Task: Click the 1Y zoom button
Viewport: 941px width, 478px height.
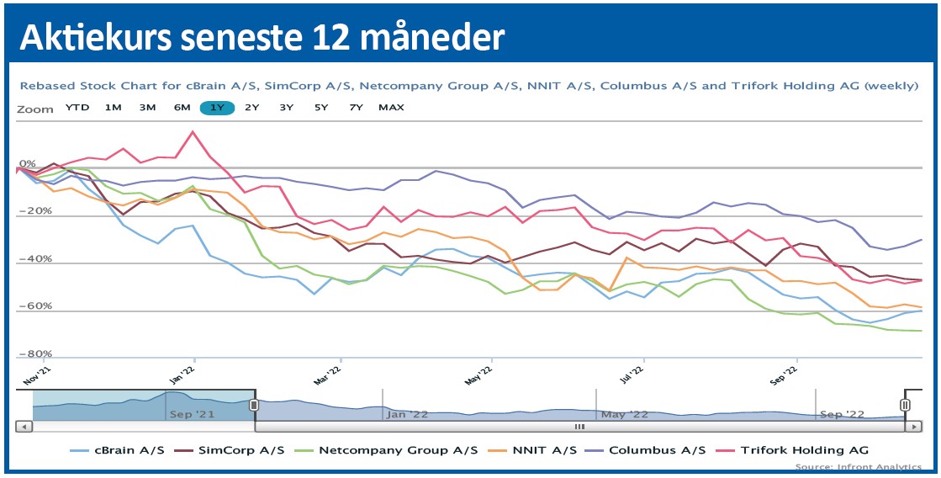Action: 217,107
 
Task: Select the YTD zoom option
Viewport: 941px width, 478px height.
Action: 77,107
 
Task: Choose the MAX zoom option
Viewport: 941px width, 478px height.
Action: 391,107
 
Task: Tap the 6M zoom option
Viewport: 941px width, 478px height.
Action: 182,107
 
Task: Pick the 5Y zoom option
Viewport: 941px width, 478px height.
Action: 321,107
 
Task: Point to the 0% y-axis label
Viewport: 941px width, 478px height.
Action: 28,163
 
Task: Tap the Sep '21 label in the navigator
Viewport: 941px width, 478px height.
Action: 192,413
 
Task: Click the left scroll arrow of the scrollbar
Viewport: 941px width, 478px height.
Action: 25,426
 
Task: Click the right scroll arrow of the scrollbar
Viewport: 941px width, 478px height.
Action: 915,426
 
